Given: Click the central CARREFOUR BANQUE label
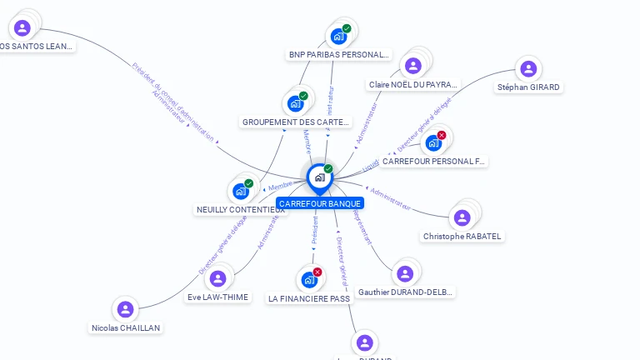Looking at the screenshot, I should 320,203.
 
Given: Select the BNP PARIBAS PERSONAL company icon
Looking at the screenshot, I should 338,36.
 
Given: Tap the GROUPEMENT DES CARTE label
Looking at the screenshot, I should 296,122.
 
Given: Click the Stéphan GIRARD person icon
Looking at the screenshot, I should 528,69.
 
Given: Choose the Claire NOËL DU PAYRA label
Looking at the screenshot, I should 413,84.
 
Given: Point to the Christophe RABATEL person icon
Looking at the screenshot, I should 462,217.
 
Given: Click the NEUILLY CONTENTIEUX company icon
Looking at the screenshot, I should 241,191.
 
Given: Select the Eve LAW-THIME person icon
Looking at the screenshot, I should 218,278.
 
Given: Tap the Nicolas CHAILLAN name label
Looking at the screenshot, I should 126,327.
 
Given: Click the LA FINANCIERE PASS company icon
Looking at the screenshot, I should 309,279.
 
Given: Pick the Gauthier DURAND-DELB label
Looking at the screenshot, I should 405,292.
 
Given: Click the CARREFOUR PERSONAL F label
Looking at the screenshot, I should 434,161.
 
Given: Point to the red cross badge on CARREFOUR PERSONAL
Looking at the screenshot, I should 442,135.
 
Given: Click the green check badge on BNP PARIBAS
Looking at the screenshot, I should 347,28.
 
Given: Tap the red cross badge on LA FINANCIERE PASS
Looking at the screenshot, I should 317,272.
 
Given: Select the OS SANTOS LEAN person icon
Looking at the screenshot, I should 22,27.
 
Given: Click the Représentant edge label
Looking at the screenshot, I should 362,227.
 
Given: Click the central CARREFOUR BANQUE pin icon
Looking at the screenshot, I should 319,177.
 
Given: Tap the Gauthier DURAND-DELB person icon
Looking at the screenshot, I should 405,273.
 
